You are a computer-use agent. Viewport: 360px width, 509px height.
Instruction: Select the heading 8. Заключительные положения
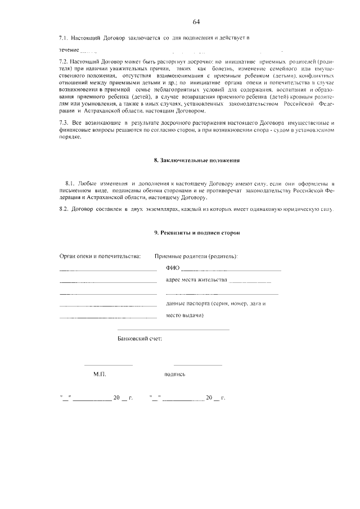197,160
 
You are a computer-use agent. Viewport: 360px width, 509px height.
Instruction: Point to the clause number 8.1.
70,184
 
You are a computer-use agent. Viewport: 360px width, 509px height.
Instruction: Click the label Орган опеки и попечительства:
100,256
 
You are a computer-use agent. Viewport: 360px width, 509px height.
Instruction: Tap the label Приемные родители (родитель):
196,256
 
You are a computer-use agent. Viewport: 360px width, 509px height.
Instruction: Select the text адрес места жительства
196,280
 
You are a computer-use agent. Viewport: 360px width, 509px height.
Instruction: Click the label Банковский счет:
139,340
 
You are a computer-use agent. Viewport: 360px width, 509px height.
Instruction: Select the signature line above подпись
182,365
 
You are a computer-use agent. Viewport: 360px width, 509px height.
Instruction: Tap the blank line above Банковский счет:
173,329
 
